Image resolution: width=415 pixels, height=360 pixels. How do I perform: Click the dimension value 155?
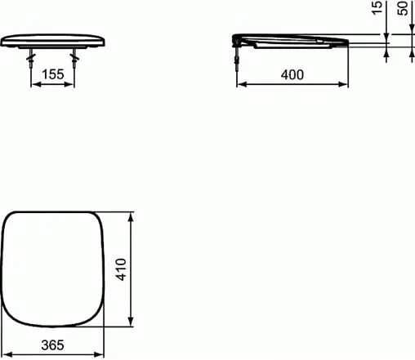click(x=52, y=73)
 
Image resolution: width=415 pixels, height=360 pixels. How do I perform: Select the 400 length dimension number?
click(x=292, y=74)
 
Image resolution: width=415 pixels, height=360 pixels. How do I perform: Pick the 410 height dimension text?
click(x=120, y=269)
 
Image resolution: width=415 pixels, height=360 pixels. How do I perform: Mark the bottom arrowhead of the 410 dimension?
click(x=131, y=322)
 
